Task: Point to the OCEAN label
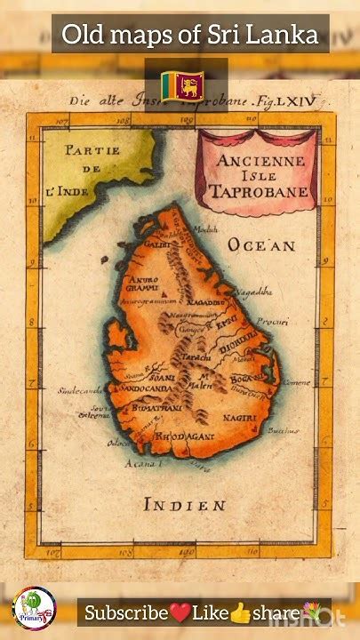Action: [x=261, y=244]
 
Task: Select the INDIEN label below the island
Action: [x=185, y=505]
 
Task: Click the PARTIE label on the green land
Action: [x=92, y=150]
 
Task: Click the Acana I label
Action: [x=140, y=463]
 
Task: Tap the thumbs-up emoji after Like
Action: [x=240, y=612]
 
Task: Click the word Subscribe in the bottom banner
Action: [x=127, y=612]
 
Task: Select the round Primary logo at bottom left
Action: [x=34, y=609]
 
